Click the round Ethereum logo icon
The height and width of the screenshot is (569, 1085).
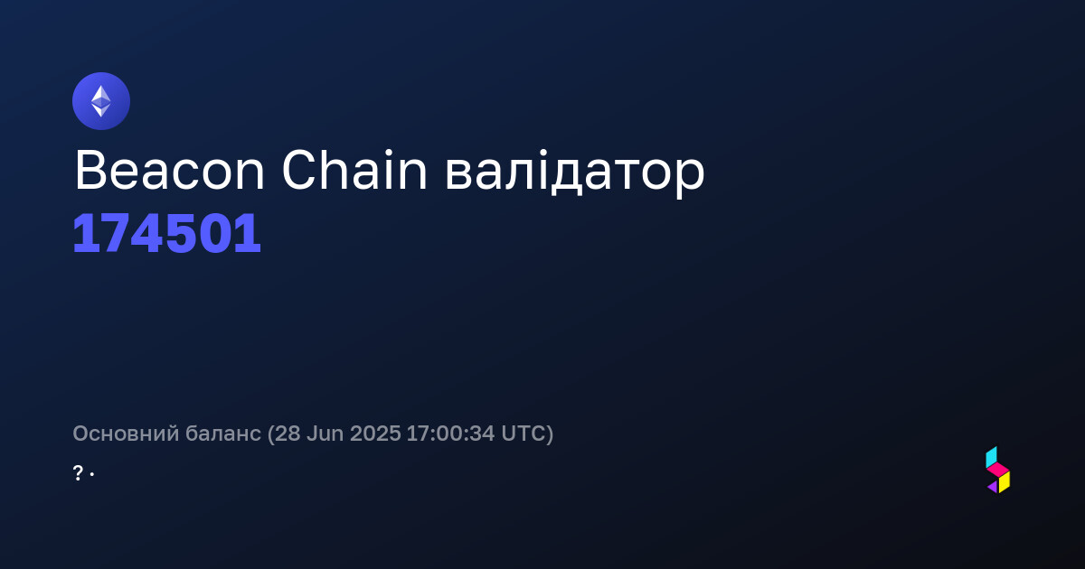tap(101, 101)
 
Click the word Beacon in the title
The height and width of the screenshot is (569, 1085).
tap(169, 171)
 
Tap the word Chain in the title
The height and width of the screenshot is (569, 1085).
tap(354, 171)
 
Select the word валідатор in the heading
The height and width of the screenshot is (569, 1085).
tap(574, 174)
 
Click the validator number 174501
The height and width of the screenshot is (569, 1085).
tap(166, 234)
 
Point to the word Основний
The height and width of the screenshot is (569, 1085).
tap(126, 434)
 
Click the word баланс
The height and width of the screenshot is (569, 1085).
tap(223, 434)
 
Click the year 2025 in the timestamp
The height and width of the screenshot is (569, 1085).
tap(375, 434)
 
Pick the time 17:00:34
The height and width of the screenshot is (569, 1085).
tap(450, 434)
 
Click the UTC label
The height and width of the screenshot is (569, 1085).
tap(523, 434)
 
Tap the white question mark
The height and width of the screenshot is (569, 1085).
tap(78, 472)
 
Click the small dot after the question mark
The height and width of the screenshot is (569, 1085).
tap(92, 474)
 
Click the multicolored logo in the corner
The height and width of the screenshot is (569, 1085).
tap(998, 470)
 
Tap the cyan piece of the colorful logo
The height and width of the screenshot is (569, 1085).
tap(991, 457)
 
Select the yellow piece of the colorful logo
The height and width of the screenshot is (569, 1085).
tap(1005, 482)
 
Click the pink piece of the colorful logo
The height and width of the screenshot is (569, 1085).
tap(998, 470)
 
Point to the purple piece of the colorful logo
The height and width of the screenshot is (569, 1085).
tap(993, 487)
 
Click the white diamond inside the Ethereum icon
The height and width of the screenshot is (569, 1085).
tap(101, 101)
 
